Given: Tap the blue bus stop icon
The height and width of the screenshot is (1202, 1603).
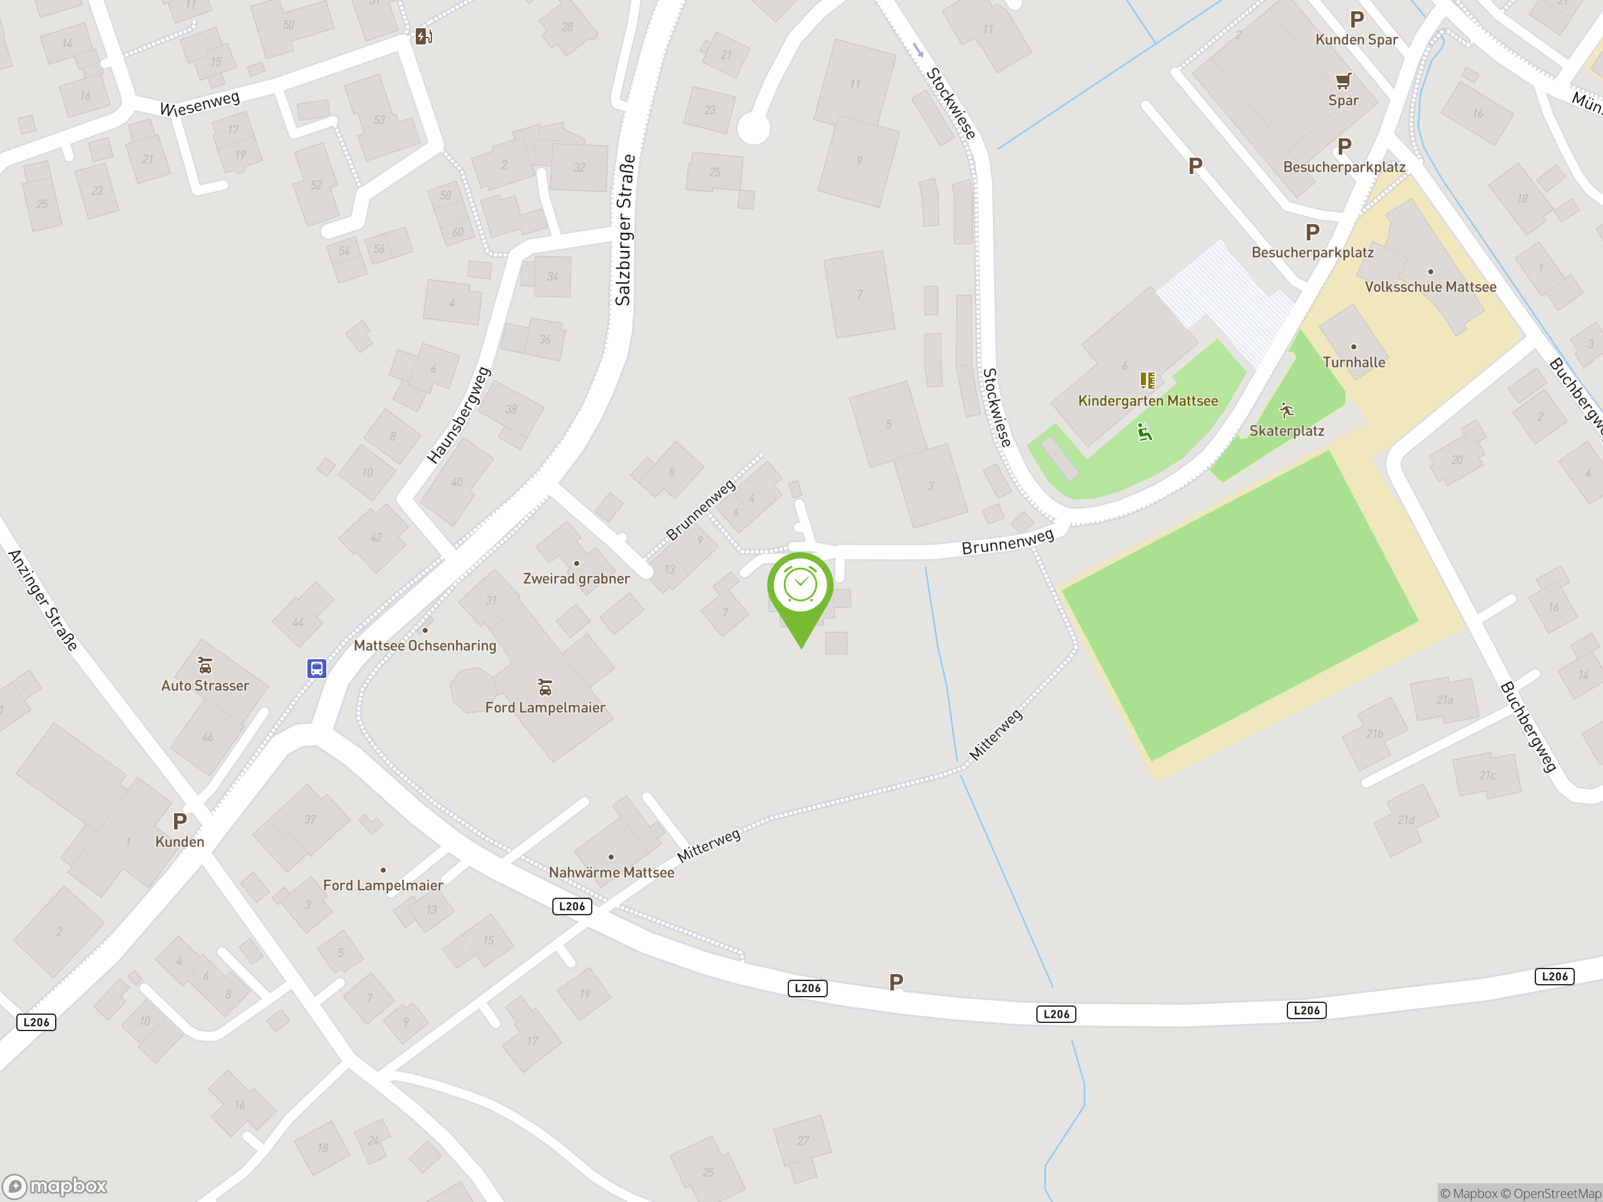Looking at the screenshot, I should click(317, 668).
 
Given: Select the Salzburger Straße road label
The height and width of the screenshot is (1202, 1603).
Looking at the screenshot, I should click(624, 230).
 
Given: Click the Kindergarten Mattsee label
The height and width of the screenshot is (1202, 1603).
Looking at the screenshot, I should click(1148, 401).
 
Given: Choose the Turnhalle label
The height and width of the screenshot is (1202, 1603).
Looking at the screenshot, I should click(1354, 362).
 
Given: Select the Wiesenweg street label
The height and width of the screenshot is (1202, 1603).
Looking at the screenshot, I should click(199, 103).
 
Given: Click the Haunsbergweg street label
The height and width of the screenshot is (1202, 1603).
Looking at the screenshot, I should click(459, 415).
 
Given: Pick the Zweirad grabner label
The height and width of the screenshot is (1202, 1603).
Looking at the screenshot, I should click(576, 578).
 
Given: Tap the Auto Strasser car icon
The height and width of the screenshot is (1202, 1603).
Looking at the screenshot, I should click(205, 665).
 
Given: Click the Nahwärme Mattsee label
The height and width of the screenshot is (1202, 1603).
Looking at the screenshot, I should click(611, 872).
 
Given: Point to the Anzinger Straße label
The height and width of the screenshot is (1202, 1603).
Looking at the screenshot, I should click(43, 600).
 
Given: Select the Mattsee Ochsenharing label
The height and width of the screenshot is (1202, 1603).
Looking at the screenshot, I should click(425, 645).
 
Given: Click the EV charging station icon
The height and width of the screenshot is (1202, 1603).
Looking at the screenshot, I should click(424, 36).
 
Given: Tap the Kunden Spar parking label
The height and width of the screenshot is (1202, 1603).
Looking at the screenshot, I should click(1357, 40).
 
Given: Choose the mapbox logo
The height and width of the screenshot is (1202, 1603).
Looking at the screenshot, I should click(55, 1186).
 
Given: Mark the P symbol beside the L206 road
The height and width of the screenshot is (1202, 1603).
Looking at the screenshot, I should click(897, 982).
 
